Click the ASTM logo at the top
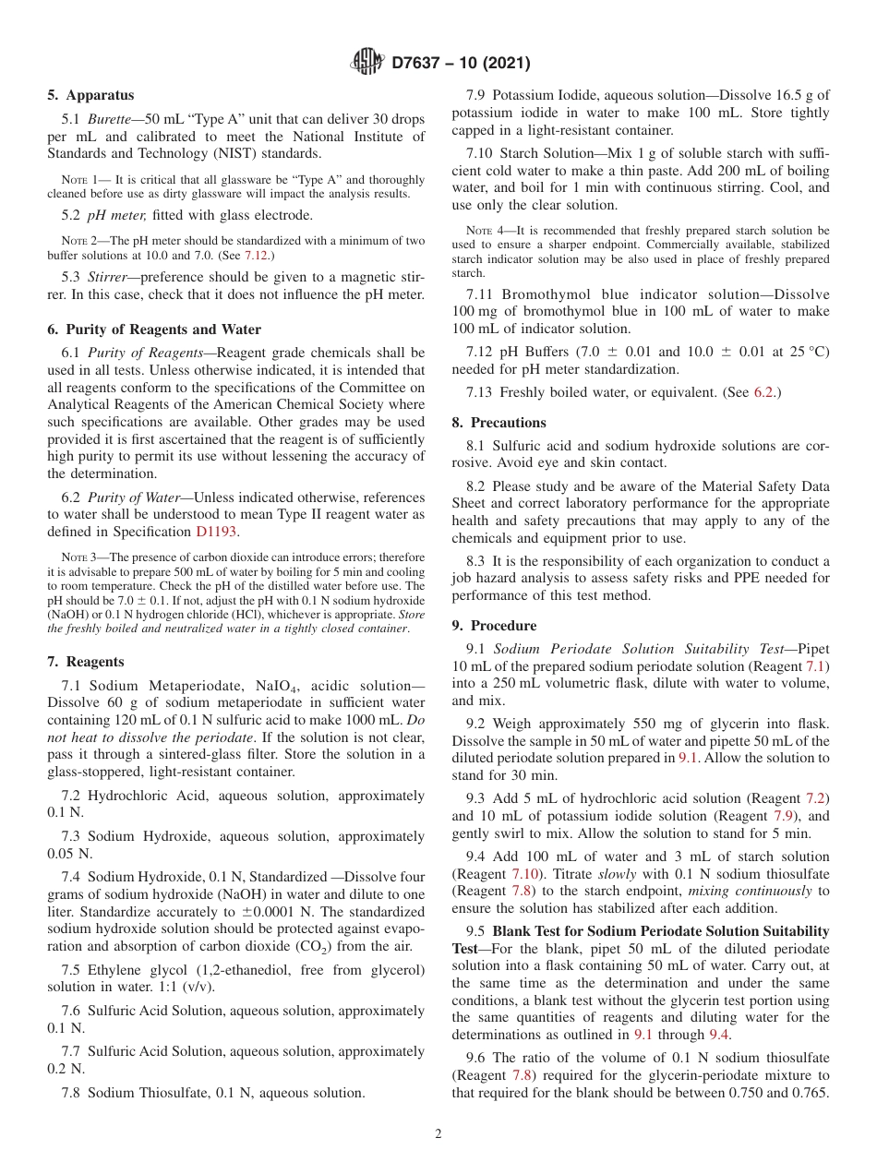point(367,63)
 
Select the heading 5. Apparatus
point(90,95)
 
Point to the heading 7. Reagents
point(86,662)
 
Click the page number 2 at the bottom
point(438,1134)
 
